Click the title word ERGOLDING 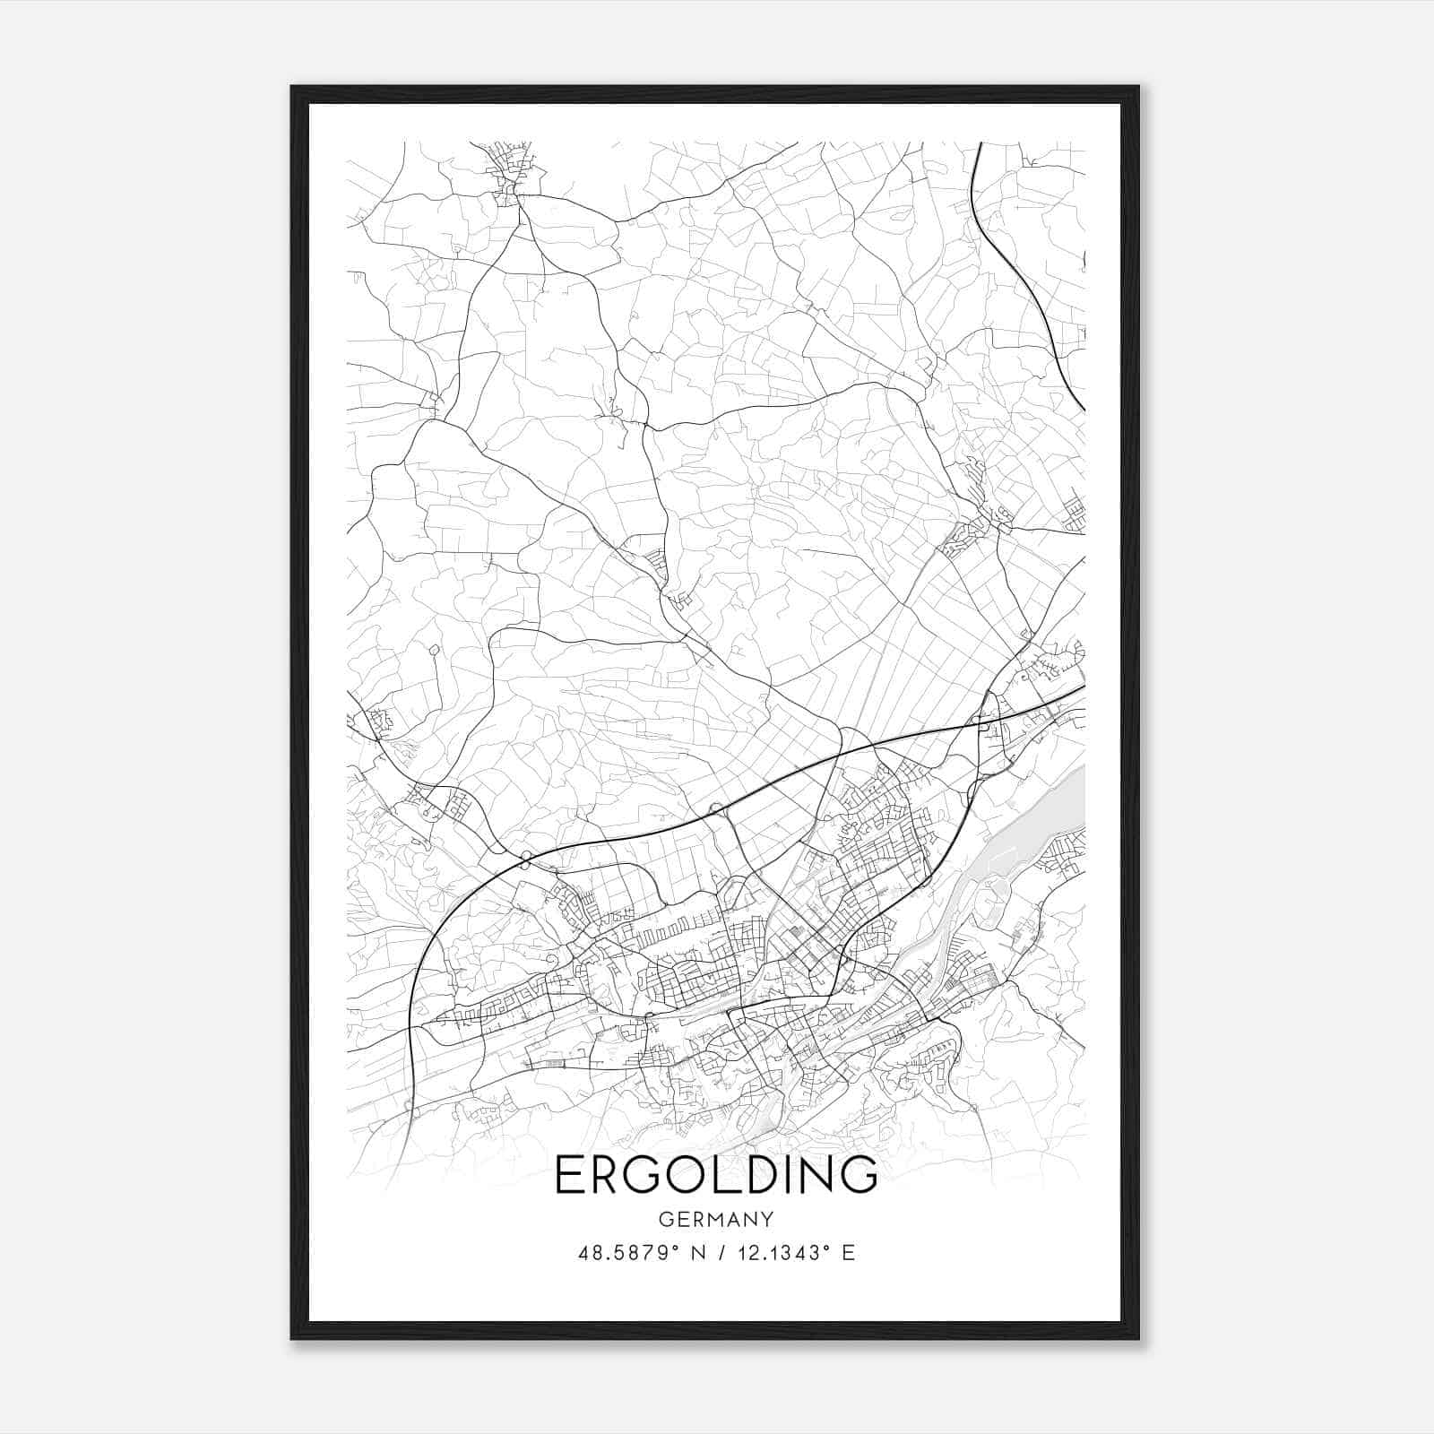coord(716,1175)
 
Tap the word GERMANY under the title coord(716,1219)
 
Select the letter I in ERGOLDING coord(788,1175)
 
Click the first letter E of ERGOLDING coord(570,1175)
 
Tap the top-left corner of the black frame coord(292,87)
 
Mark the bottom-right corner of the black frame coord(1138,1338)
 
